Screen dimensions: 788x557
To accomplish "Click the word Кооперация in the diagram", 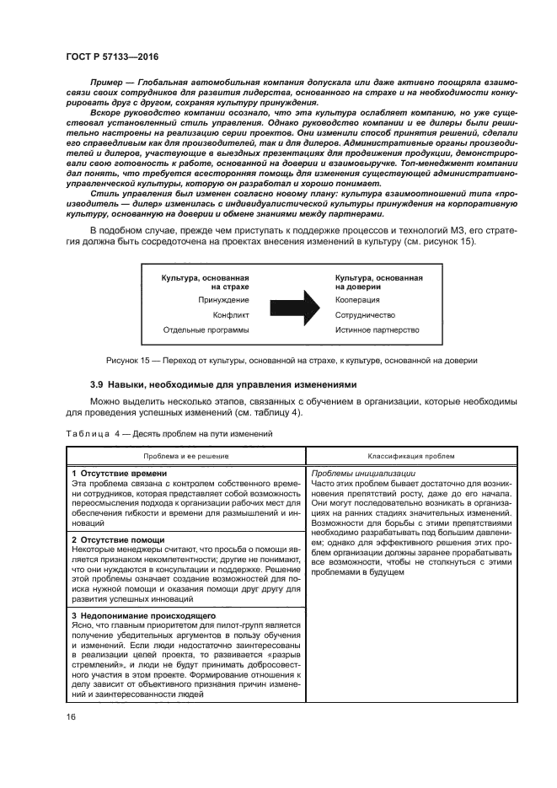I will [x=357, y=300].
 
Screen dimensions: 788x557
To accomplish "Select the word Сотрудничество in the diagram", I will [x=367, y=315].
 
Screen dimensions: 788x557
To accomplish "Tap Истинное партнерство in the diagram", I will [x=377, y=330].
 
